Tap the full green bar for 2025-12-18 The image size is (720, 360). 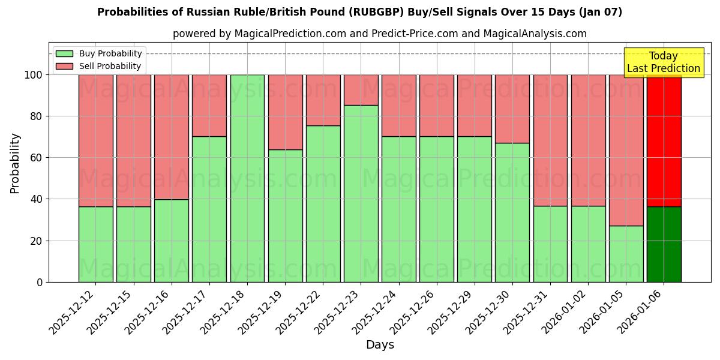tap(247, 178)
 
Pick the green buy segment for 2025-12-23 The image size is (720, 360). tap(361, 193)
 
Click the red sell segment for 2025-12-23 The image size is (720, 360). tap(361, 90)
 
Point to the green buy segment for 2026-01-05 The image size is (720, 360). tap(626, 254)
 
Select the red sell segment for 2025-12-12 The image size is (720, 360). tap(95, 140)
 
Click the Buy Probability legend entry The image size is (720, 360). tap(99, 53)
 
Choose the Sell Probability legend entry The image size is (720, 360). tap(99, 66)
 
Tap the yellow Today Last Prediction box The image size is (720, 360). tap(663, 62)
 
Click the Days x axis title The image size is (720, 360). tap(380, 345)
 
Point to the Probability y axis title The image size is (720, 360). tap(15, 163)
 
